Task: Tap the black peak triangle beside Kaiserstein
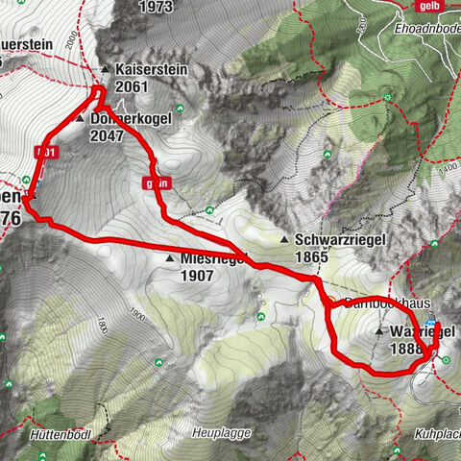(x=106, y=70)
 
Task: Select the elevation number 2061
(x=132, y=86)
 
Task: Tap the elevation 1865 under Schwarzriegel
(x=313, y=256)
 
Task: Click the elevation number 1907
(x=198, y=274)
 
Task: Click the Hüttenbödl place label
(x=61, y=435)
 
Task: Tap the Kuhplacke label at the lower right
(x=437, y=435)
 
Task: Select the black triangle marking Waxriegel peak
(x=380, y=332)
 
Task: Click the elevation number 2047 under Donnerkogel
(x=109, y=135)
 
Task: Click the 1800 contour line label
(x=135, y=318)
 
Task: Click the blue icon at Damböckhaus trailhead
(x=431, y=323)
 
